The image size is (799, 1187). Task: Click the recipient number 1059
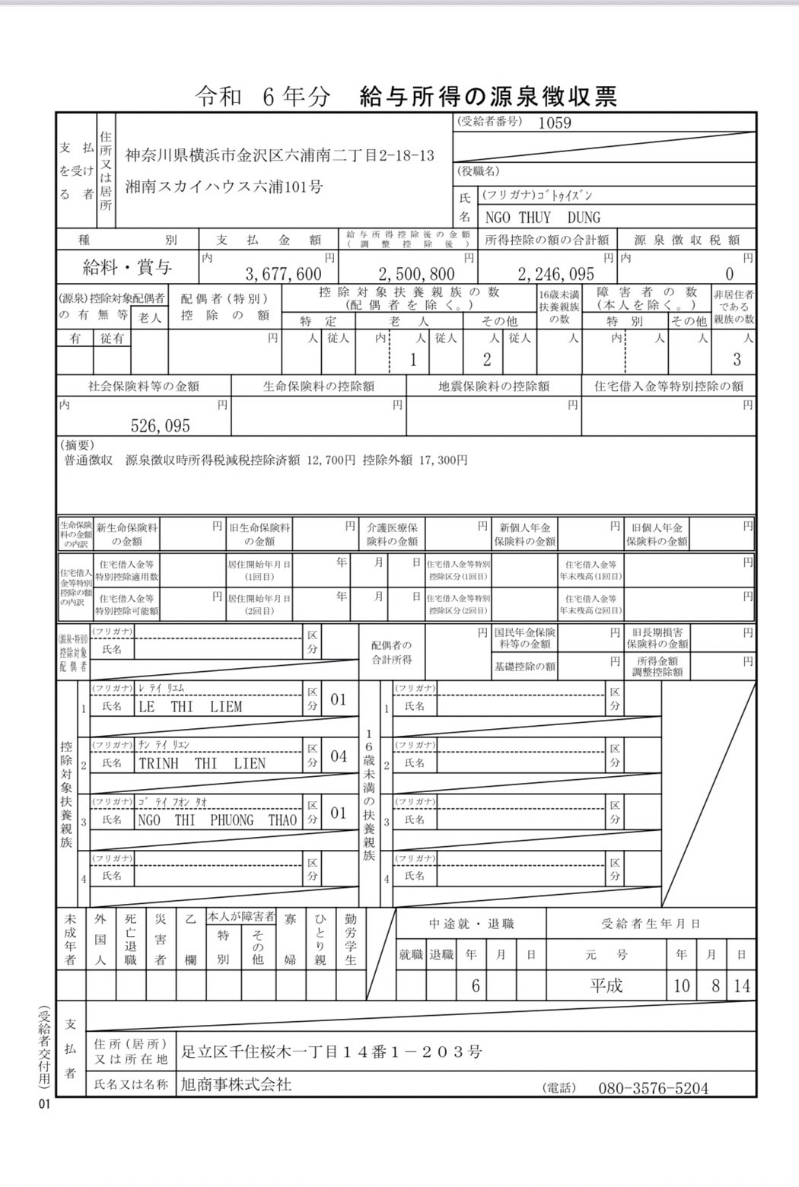tap(554, 123)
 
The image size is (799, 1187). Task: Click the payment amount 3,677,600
tap(283, 274)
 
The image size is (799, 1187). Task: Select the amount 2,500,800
tap(416, 274)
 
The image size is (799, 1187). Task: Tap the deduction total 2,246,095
tap(555, 274)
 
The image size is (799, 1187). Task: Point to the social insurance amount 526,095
tap(160, 426)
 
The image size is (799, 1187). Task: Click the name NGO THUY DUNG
tap(543, 218)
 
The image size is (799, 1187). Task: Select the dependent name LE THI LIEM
tap(190, 707)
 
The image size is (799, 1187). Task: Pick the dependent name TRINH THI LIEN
tap(202, 763)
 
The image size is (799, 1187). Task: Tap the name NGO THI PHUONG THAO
tap(218, 820)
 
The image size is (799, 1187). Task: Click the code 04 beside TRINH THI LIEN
tap(339, 756)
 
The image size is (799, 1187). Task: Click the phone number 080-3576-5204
tap(653, 1088)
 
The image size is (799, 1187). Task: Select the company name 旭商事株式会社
tap(236, 1084)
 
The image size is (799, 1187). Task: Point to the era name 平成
tap(606, 986)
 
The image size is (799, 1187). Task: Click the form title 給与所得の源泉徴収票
tap(488, 96)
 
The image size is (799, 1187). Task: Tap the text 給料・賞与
tap(127, 267)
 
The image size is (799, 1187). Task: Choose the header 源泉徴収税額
tap(686, 240)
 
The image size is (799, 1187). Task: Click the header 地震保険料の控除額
tap(494, 386)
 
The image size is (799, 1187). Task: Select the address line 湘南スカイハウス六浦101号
tap(224, 186)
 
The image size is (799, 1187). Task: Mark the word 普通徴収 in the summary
tap(88, 460)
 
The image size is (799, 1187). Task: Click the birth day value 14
tap(741, 986)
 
